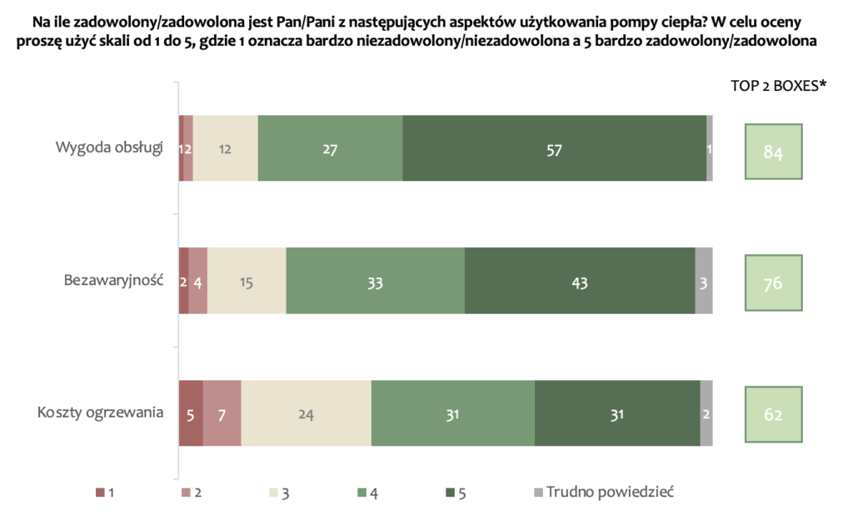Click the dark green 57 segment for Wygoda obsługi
(554, 150)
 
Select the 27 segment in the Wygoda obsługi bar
(330, 150)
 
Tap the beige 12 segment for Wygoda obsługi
(225, 150)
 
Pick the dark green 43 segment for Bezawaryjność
(580, 282)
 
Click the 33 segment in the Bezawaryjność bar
(375, 282)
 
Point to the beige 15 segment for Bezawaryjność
(247, 282)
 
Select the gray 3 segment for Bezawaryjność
(704, 282)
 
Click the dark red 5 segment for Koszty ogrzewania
(191, 414)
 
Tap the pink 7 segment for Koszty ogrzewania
(222, 414)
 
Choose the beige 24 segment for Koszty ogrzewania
(306, 414)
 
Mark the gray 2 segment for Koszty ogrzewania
(706, 414)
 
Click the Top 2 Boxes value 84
(773, 152)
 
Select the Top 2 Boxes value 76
(773, 283)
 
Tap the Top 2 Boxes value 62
(773, 414)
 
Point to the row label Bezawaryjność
(112, 281)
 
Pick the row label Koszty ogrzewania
(99, 413)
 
